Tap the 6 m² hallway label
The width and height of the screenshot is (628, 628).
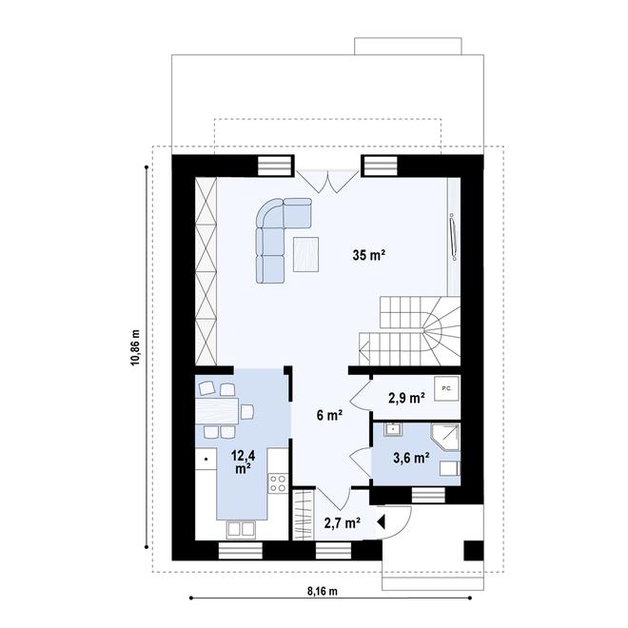pyautogui.click(x=329, y=414)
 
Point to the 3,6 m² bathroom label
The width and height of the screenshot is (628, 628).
pyautogui.click(x=411, y=459)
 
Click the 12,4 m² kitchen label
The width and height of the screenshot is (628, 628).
pyautogui.click(x=241, y=461)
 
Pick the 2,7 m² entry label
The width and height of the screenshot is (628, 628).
pyautogui.click(x=342, y=522)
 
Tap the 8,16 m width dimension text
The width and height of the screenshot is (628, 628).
pyautogui.click(x=324, y=591)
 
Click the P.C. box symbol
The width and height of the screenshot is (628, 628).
pyautogui.click(x=444, y=387)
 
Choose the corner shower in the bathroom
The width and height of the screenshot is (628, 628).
pyautogui.click(x=444, y=437)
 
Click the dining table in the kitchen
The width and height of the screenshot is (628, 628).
pyautogui.click(x=219, y=410)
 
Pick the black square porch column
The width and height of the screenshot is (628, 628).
pyautogui.click(x=473, y=550)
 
